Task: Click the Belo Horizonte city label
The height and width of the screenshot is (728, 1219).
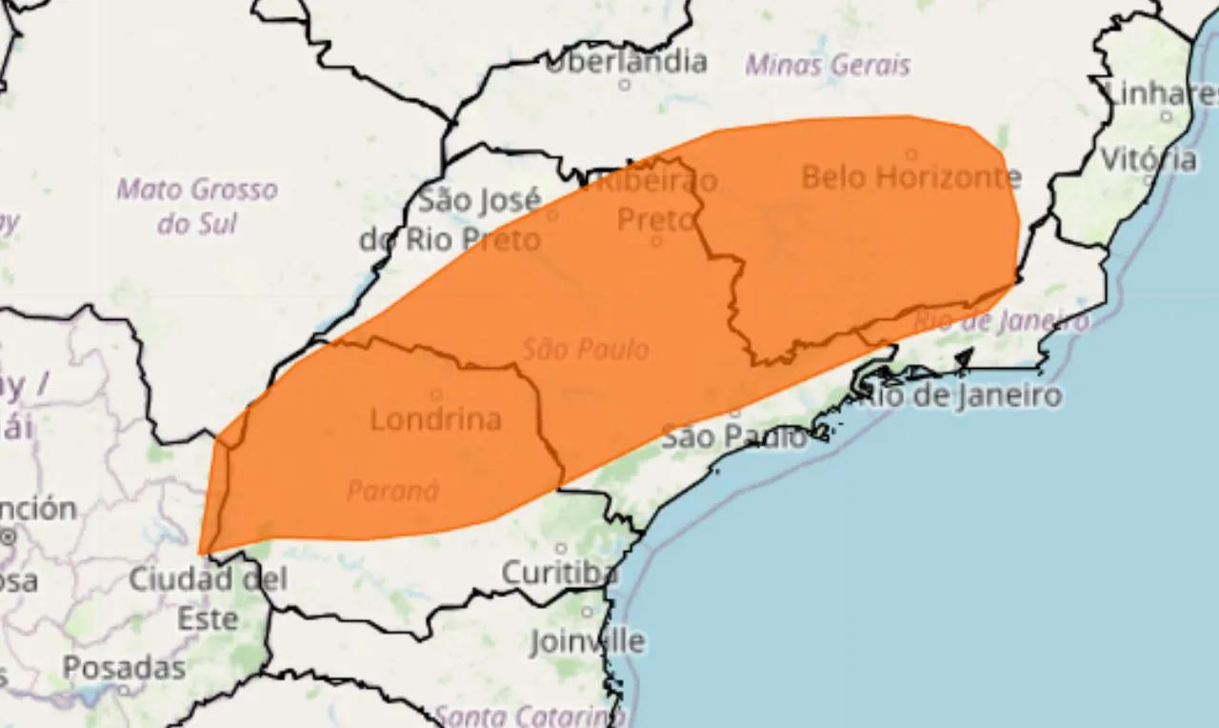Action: tap(910, 177)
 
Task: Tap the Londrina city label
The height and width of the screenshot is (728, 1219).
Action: tap(435, 419)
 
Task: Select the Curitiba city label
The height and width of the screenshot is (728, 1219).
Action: tap(559, 573)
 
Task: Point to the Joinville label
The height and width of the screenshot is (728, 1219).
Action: tap(587, 640)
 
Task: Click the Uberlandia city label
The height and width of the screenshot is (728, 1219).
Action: tap(626, 62)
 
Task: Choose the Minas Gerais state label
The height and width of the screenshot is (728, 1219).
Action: tap(827, 65)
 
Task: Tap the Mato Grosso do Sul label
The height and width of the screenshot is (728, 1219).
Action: tap(197, 206)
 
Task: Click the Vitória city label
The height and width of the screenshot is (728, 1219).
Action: tap(1149, 159)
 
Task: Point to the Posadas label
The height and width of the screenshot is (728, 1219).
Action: tap(124, 668)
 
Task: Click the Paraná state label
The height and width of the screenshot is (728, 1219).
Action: tap(392, 491)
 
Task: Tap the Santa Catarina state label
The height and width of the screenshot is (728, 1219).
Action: tap(530, 715)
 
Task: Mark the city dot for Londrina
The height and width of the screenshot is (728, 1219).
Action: tap(436, 394)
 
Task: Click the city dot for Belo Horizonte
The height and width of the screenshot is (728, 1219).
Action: tap(911, 154)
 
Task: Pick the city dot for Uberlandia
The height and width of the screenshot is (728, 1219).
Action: tap(625, 85)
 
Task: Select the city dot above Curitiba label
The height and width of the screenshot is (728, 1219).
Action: tap(561, 549)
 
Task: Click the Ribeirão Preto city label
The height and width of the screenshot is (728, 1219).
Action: tap(655, 199)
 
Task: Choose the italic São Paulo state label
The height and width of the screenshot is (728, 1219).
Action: tap(585, 350)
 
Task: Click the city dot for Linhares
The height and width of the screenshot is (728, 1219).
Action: tap(1167, 116)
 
